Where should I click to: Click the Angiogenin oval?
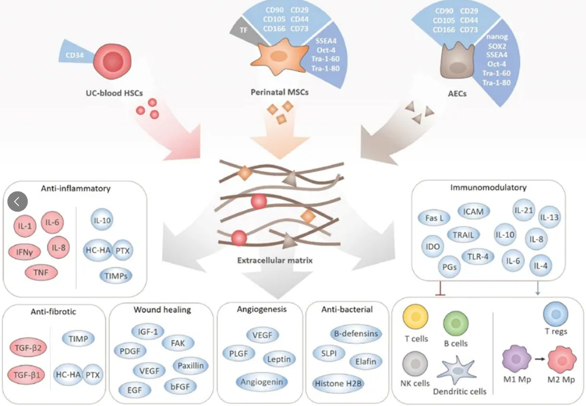[263, 382]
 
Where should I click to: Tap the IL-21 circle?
[523, 210]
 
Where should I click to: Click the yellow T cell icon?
[415, 319]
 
